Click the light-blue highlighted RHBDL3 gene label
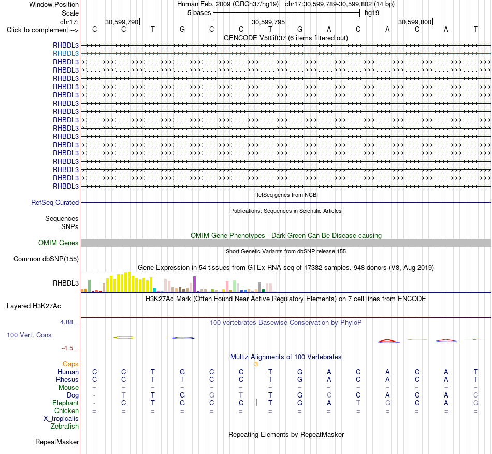[66, 54]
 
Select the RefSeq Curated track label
[55, 203]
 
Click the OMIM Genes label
[59, 243]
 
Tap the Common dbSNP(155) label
[46, 259]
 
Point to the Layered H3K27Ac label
[34, 306]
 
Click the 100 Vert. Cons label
[29, 335]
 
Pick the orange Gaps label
[70, 364]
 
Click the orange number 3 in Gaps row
[256, 364]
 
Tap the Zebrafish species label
[65, 427]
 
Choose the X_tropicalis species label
[61, 419]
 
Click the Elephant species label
[66, 403]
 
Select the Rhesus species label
[67, 379]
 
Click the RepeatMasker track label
[57, 442]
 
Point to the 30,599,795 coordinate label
[268, 22]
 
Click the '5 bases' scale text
[199, 13]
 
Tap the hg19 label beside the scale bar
[372, 13]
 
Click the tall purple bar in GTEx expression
[195, 284]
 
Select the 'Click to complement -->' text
[42, 30]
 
